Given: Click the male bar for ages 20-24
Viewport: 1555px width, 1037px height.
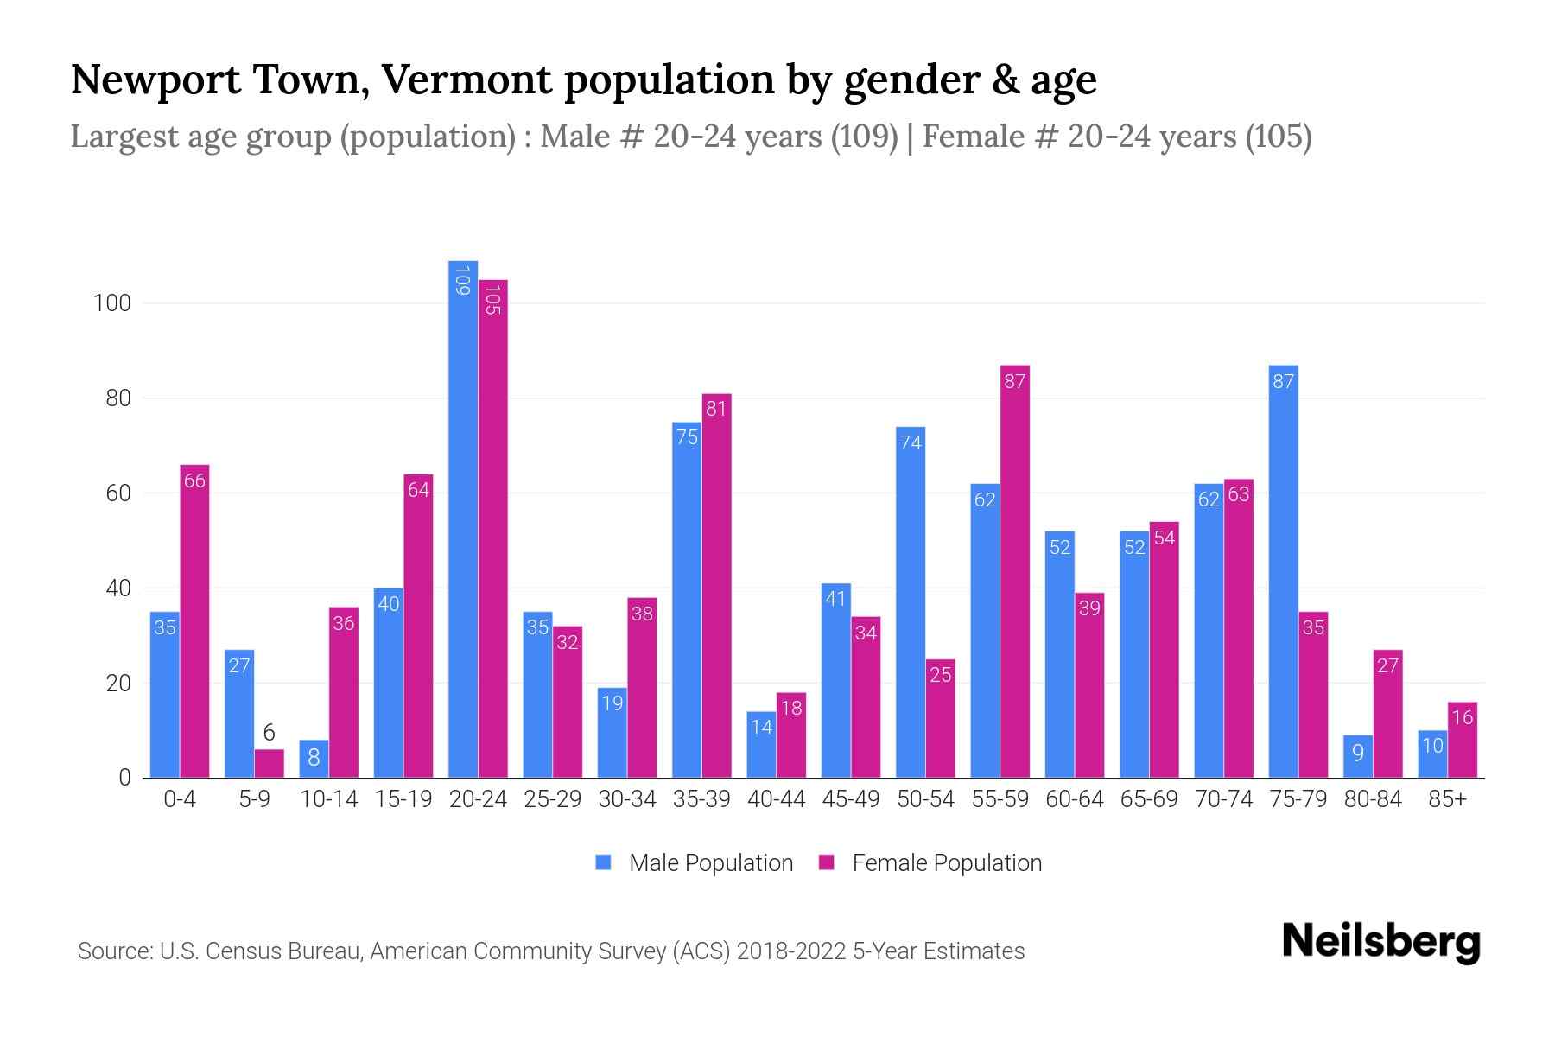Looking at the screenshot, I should [x=463, y=518].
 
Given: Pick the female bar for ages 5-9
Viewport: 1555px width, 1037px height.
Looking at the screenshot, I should [x=270, y=764].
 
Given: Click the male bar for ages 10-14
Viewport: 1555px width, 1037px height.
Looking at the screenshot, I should [x=314, y=759].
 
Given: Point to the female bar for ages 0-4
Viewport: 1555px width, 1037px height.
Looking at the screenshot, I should [x=194, y=621].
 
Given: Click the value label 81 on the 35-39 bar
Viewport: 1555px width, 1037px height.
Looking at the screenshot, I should [x=716, y=409].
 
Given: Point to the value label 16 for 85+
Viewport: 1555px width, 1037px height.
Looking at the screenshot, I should [x=1462, y=717].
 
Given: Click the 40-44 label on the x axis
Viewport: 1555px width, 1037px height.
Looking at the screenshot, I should [x=776, y=799].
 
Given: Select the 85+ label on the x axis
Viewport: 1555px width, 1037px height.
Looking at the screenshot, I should [x=1447, y=799].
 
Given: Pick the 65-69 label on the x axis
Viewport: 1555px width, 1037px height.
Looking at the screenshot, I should [x=1149, y=799].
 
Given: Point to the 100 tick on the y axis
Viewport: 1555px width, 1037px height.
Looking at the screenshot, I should [x=112, y=303].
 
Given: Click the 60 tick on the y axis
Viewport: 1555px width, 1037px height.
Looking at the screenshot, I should [x=117, y=493].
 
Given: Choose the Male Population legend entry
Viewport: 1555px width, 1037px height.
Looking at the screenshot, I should [x=695, y=863].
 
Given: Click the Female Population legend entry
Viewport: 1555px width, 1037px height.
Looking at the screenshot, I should [x=930, y=863].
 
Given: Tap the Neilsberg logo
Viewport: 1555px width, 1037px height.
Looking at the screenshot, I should [x=1380, y=942].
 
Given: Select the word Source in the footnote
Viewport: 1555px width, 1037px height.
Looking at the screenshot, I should [x=114, y=951].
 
